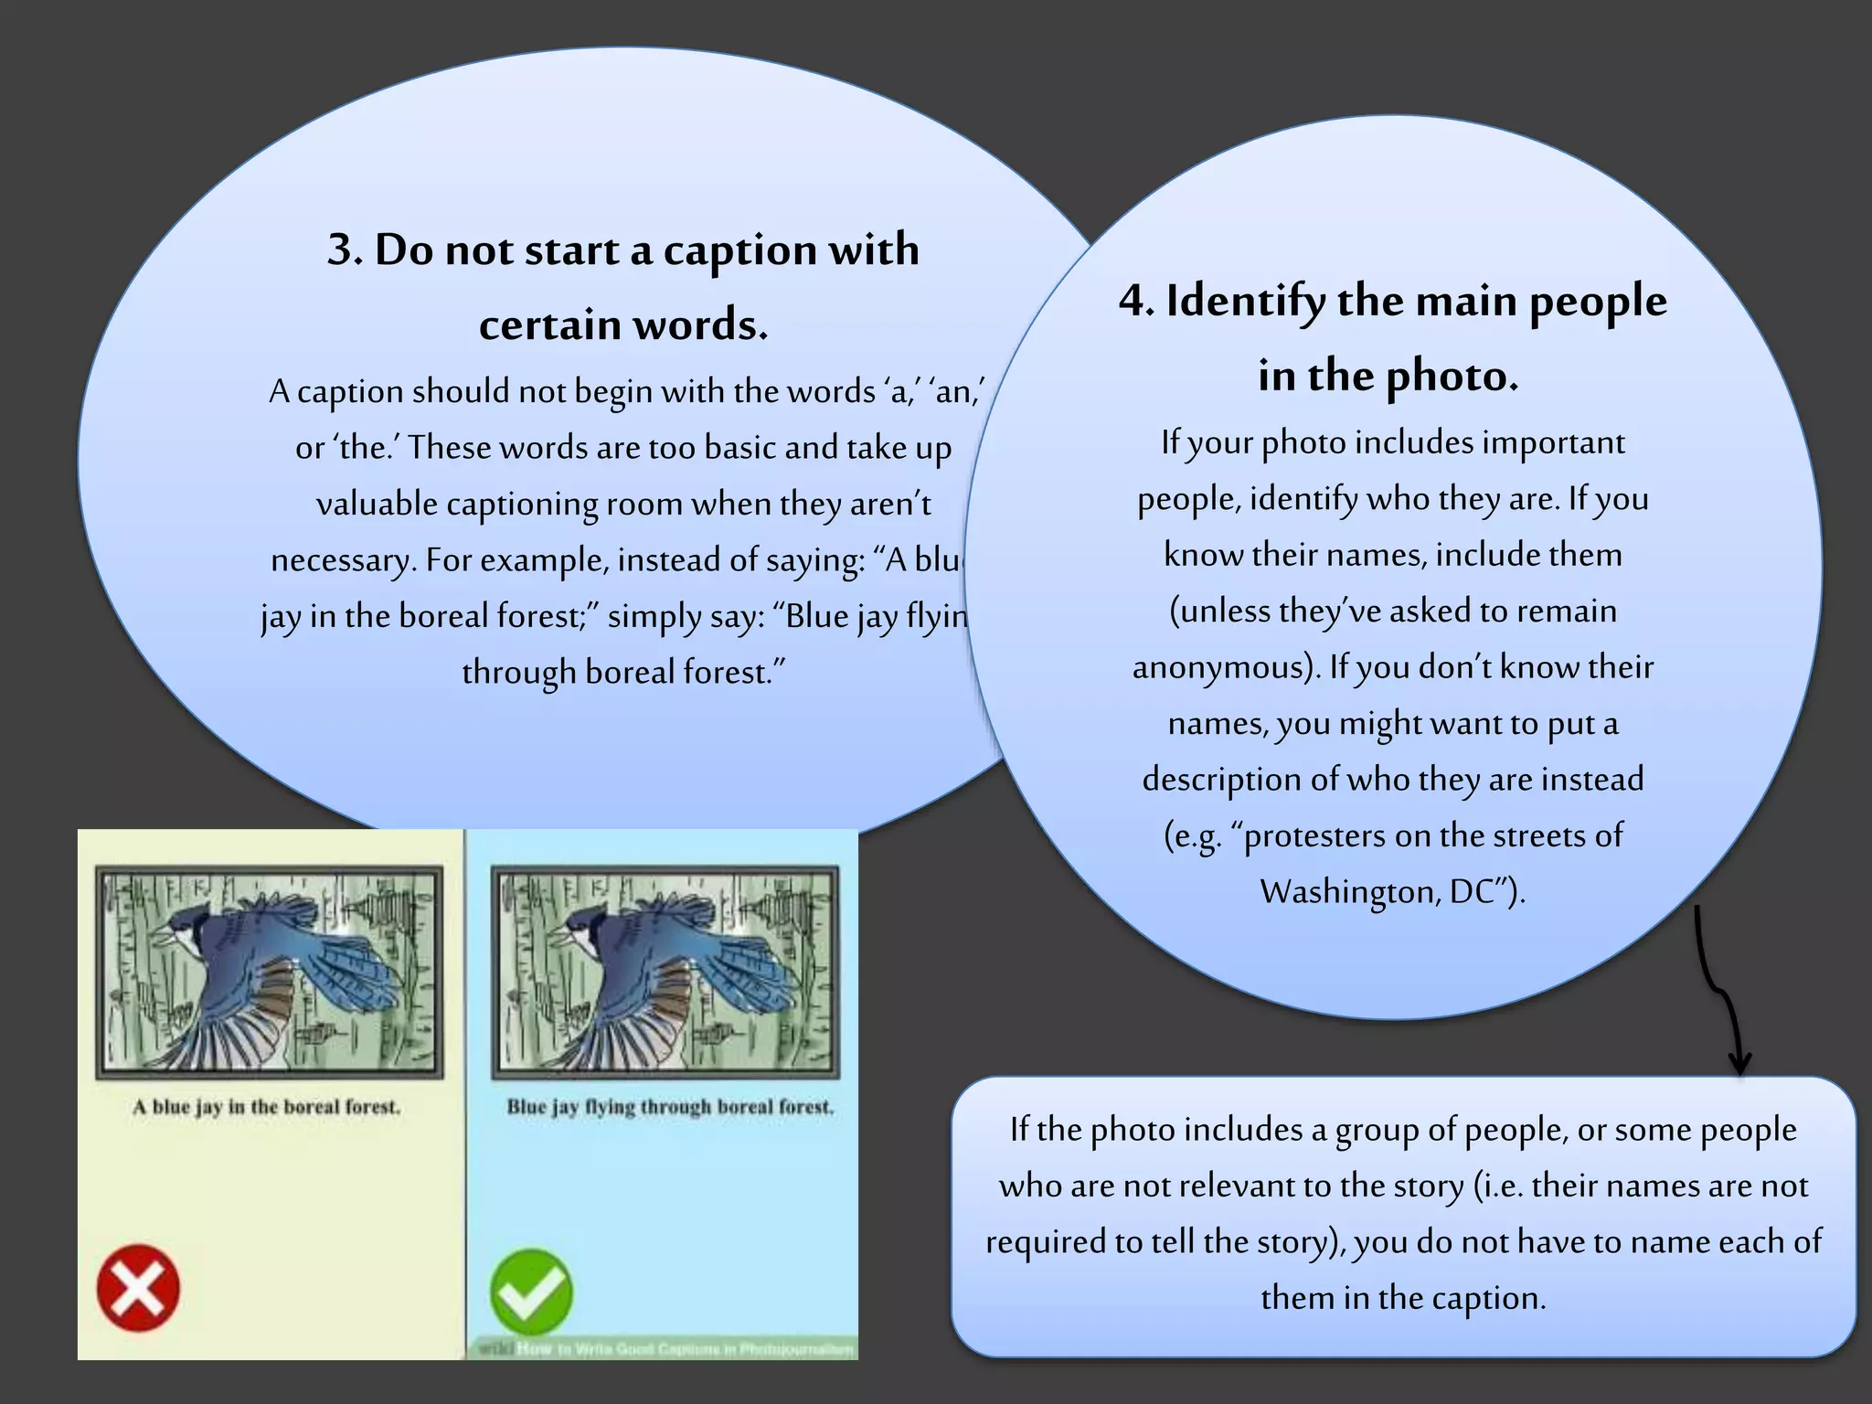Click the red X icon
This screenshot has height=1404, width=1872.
coord(138,1287)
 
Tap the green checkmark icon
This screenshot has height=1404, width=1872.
coord(531,1292)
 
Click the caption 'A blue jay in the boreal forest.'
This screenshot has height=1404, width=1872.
coord(266,1107)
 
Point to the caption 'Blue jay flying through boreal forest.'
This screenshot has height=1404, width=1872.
coord(670,1107)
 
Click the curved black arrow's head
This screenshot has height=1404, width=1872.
coord(1739,1063)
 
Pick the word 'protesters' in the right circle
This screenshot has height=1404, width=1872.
coord(1315,835)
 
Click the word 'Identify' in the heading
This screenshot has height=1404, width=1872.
coord(1246,302)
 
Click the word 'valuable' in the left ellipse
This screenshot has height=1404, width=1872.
coord(377,504)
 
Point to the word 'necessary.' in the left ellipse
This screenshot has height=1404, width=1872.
coord(344,559)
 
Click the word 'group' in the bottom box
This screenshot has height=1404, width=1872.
coord(1376,1131)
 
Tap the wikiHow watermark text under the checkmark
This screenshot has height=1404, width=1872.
coord(665,1348)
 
